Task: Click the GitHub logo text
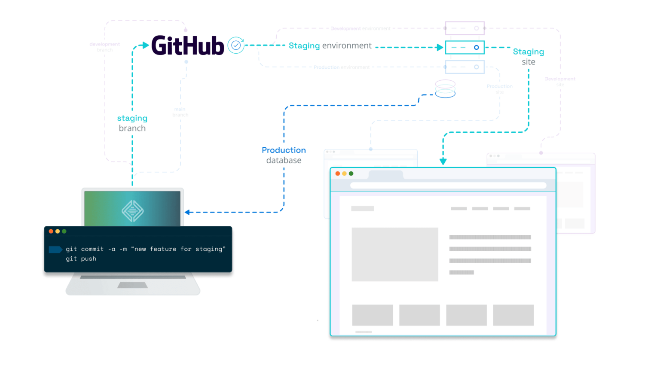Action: pos(187,46)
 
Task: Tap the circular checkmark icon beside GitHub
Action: pos(236,45)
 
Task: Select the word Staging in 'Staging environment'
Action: pos(304,46)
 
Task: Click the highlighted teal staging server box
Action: pos(464,47)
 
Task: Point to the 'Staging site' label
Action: pos(529,56)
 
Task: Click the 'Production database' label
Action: pos(284,155)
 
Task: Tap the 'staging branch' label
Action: pos(132,123)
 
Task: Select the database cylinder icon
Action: pos(445,89)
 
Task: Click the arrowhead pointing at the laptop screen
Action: pos(187,212)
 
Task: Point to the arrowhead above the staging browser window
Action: pos(443,162)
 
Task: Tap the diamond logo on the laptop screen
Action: pos(132,211)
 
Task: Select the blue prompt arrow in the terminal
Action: pos(55,249)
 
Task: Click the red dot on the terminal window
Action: pos(51,231)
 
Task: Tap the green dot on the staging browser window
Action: pos(351,173)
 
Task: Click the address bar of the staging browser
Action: pos(448,185)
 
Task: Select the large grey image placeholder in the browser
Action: pos(394,254)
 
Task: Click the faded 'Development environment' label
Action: pos(361,29)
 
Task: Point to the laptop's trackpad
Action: pos(132,285)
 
